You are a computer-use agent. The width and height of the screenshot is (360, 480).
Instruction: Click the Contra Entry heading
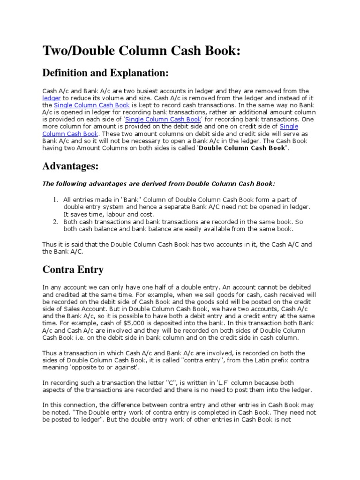[73, 270]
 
